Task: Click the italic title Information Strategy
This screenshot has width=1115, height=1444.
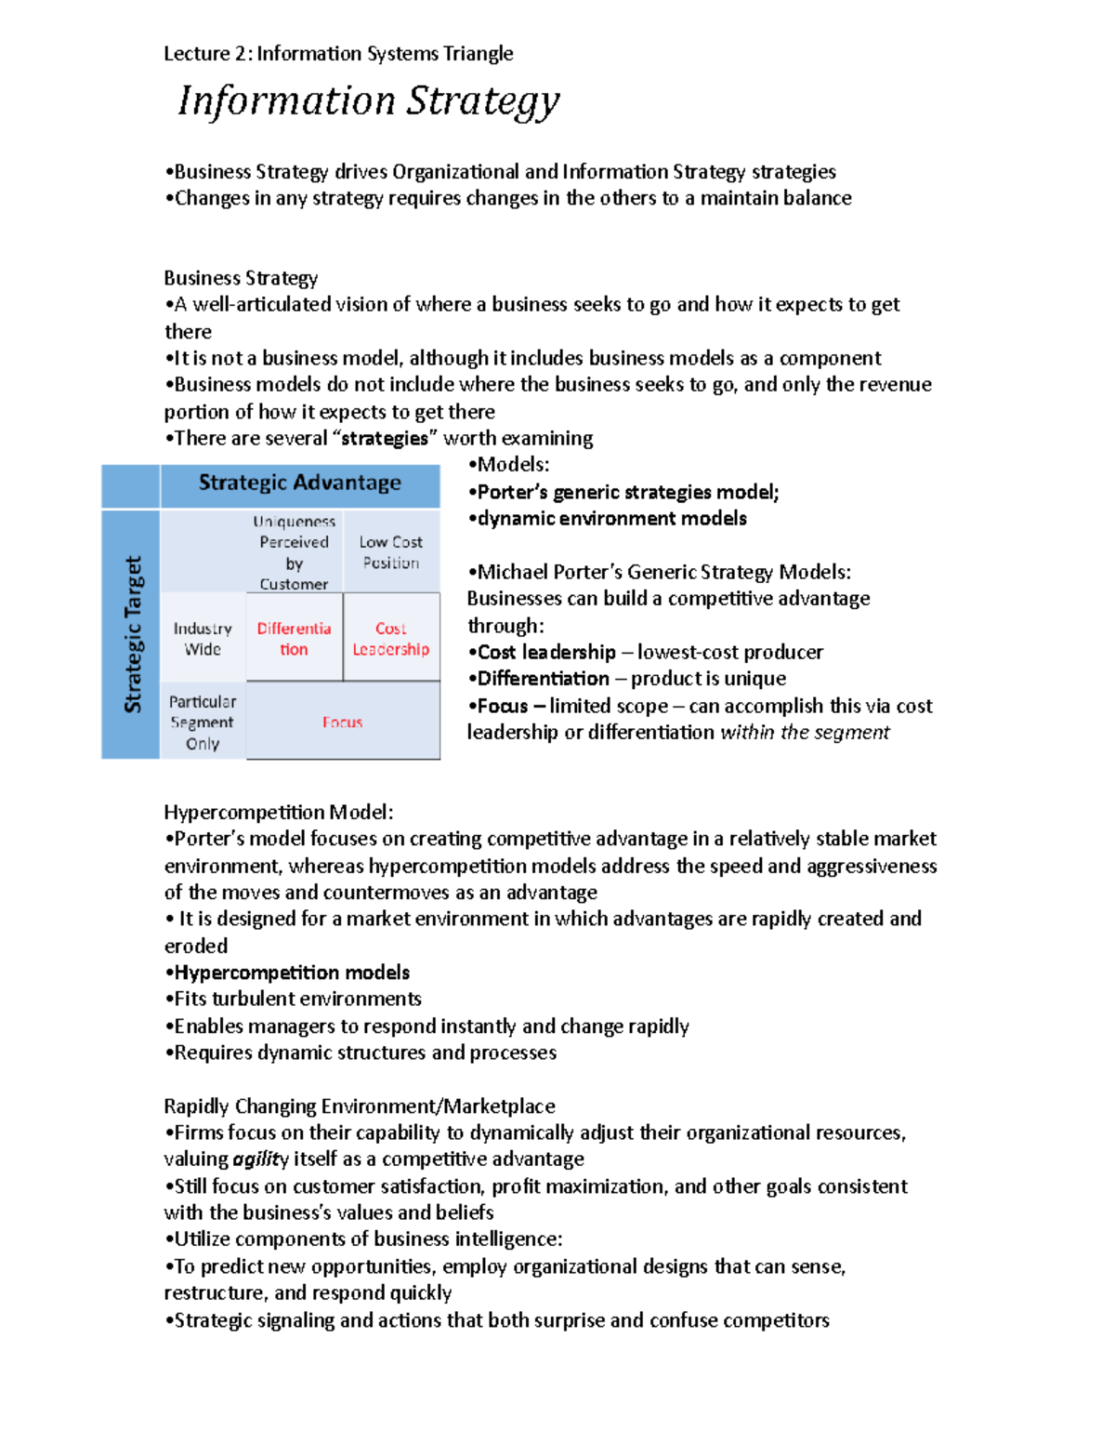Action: [368, 101]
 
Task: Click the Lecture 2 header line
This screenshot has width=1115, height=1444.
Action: [338, 54]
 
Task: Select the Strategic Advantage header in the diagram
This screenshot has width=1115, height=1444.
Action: [299, 483]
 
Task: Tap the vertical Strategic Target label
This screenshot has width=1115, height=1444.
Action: [133, 634]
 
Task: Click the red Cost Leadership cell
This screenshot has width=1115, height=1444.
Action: [390, 639]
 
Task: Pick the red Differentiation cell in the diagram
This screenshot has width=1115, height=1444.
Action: [294, 639]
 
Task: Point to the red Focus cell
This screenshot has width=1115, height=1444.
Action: [342, 722]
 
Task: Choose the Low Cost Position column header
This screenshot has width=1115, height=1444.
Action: [390, 552]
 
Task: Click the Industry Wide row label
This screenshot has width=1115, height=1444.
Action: [203, 639]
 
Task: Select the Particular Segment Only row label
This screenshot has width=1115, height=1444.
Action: [203, 722]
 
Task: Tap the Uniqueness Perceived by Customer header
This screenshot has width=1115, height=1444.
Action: [294, 552]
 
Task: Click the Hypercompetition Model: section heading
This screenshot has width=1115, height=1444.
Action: [279, 813]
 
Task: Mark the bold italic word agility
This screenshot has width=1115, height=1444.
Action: [260, 1159]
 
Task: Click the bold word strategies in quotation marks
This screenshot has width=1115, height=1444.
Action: [385, 439]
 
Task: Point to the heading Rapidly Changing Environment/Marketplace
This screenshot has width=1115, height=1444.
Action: [360, 1106]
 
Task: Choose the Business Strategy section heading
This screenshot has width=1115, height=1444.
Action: [241, 278]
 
